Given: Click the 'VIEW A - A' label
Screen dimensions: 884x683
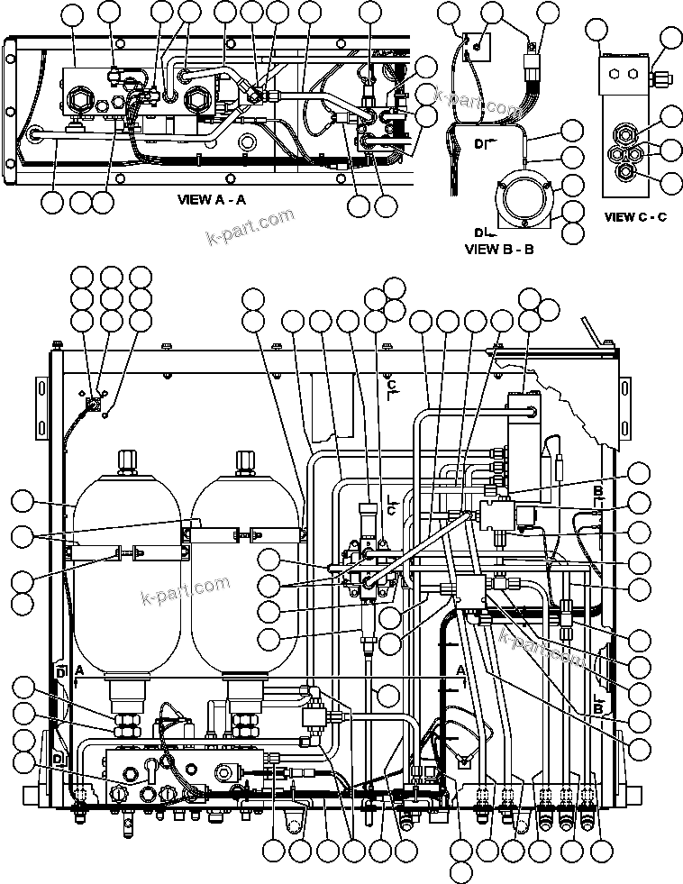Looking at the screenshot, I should pos(212,200).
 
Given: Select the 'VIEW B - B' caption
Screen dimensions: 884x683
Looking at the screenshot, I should pos(498,250).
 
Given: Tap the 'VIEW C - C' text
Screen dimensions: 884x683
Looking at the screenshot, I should pos(635,217).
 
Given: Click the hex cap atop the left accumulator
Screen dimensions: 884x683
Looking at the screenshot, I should pos(127,460).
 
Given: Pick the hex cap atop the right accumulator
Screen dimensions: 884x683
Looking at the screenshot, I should pos(245,460).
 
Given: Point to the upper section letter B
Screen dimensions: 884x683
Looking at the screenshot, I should pos(596,491).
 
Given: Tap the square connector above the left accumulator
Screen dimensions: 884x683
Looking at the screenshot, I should pos(93,407).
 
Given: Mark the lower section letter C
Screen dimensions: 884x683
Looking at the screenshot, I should pos(391,509).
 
